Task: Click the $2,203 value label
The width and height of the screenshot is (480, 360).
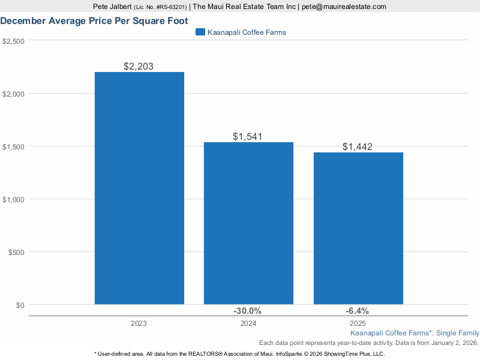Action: click(x=139, y=66)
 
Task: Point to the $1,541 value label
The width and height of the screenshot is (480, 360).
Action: click(x=248, y=137)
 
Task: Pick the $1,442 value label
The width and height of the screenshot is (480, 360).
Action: click(x=358, y=147)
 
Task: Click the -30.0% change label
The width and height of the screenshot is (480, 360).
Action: click(x=247, y=311)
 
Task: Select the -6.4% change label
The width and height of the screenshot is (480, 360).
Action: click(x=357, y=311)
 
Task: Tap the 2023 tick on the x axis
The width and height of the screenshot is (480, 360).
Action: click(x=139, y=323)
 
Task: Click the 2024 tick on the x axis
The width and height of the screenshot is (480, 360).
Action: click(x=248, y=323)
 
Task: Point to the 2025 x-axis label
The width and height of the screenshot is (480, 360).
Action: click(x=358, y=323)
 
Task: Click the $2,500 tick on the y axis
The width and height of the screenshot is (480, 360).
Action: click(x=13, y=41)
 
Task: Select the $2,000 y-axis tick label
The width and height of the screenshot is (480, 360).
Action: click(x=13, y=94)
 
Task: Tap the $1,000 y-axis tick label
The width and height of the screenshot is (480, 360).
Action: click(x=13, y=199)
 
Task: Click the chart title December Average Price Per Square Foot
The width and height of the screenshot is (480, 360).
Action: click(x=94, y=20)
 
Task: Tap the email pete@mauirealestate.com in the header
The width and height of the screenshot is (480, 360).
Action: click(x=344, y=7)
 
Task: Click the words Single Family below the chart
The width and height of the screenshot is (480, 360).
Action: click(x=458, y=332)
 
